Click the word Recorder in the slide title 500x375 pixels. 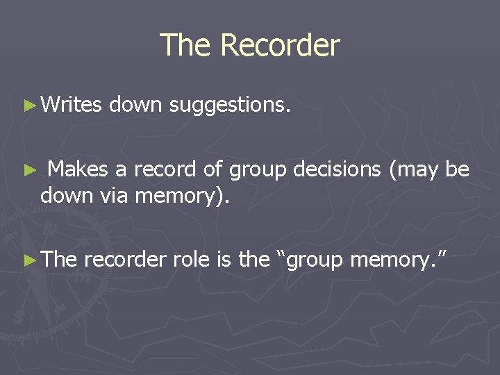[x=280, y=46]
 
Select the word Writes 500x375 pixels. [x=72, y=105]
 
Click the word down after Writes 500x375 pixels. [x=135, y=105]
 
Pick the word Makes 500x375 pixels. [x=78, y=169]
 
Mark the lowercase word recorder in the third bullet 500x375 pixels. [x=125, y=260]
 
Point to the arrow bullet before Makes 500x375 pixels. [x=28, y=170]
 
